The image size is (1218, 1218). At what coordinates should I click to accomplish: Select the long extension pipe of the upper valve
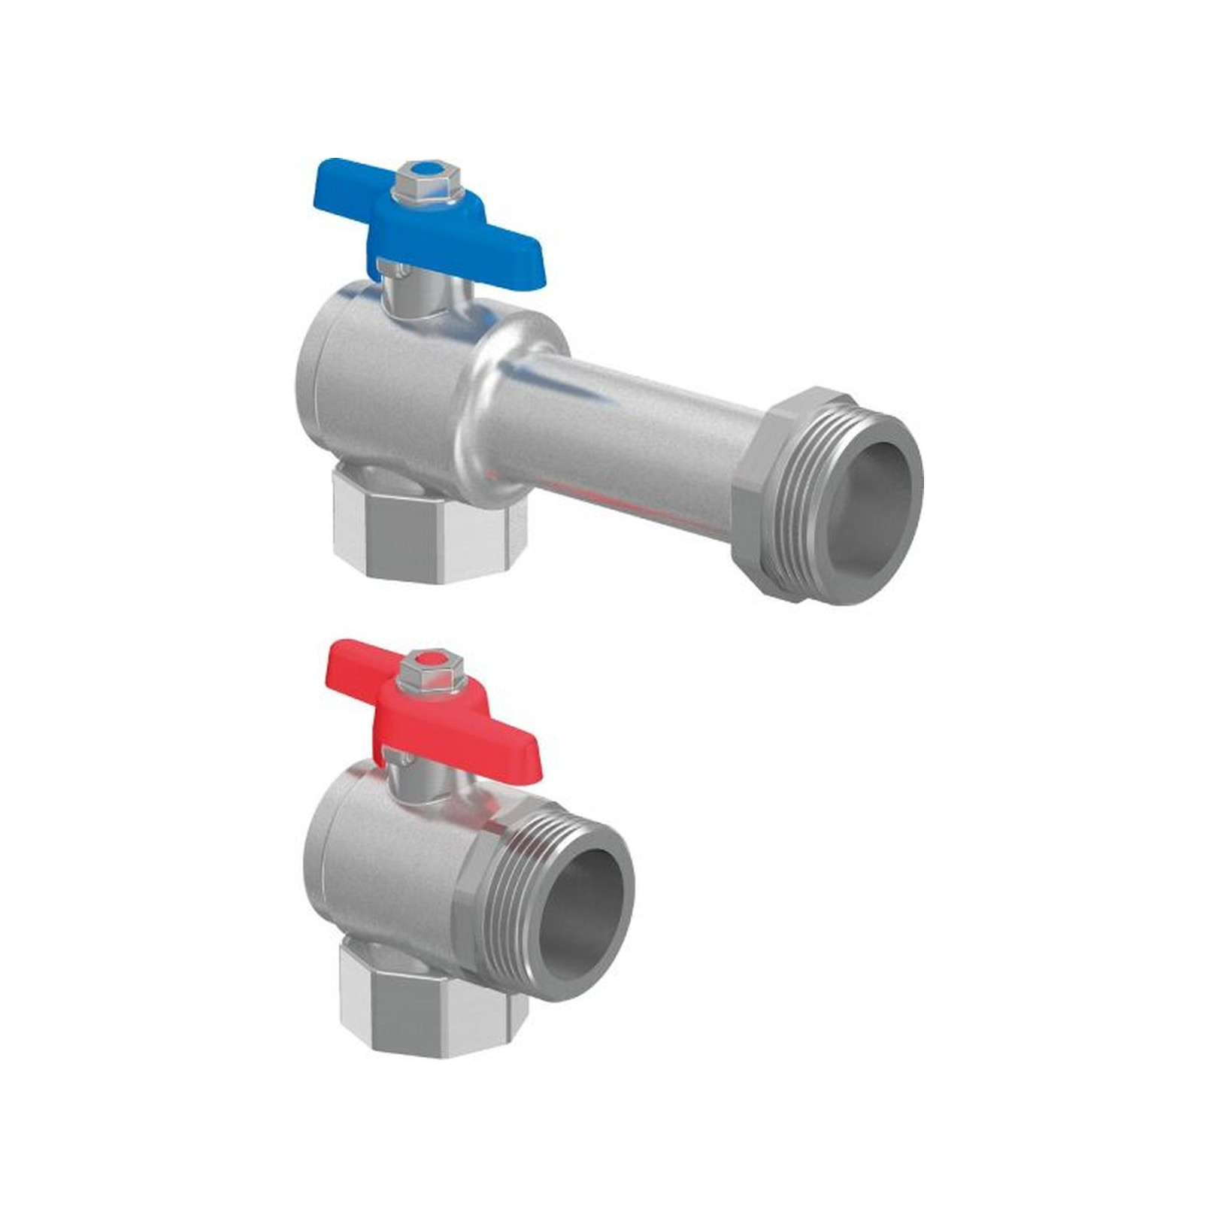click(x=632, y=436)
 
